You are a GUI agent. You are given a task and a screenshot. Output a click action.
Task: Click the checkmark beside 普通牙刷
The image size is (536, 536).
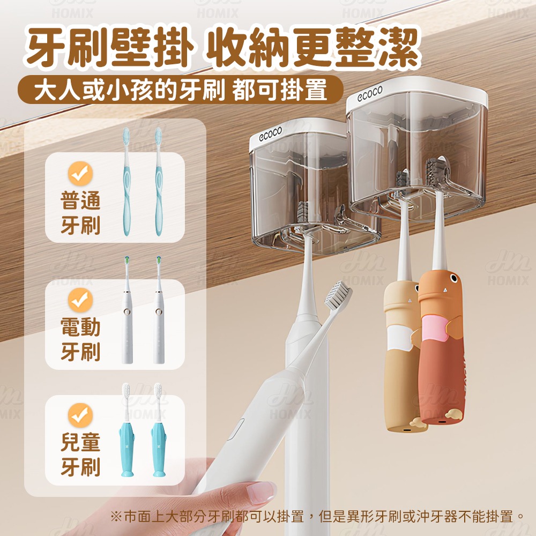coord(80,173)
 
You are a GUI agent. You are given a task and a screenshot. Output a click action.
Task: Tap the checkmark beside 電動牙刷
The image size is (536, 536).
coord(80,300)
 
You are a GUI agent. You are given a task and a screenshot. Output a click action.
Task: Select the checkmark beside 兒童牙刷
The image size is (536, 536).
coord(80,415)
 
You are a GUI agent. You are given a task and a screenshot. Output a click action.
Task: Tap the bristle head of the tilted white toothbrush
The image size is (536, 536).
coord(337,296)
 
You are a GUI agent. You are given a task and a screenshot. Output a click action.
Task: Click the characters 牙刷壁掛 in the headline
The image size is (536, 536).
coord(110,49)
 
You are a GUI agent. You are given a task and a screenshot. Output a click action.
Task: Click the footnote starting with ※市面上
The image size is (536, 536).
coord(316,517)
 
